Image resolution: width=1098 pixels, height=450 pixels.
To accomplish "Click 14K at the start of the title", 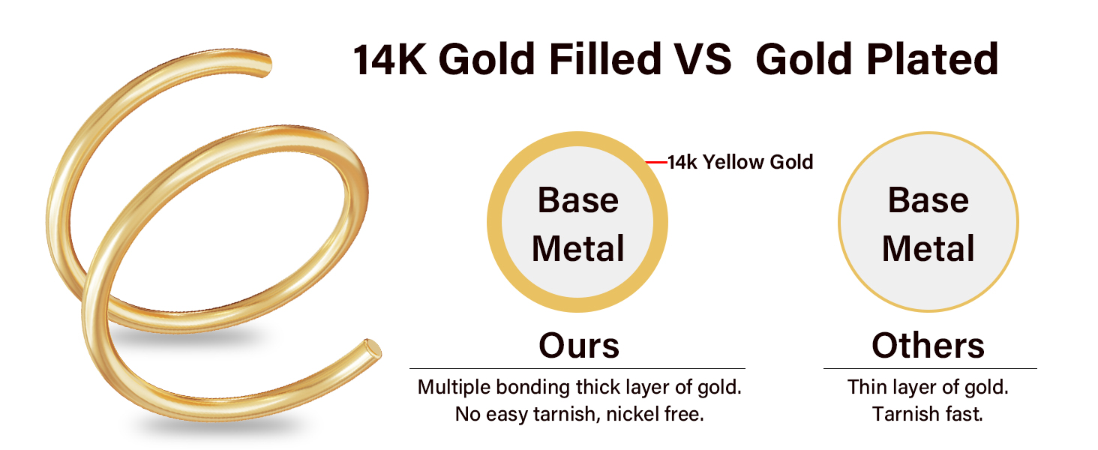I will coord(390,59).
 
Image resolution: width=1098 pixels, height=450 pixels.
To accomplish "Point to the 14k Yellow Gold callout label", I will coord(740,161).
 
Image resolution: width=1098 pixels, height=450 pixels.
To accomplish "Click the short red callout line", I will coord(656,161).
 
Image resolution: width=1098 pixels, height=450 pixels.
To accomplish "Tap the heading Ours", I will coord(579,345).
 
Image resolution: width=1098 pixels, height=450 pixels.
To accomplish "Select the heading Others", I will coord(928,345).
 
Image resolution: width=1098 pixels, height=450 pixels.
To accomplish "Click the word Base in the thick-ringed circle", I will coord(577,200).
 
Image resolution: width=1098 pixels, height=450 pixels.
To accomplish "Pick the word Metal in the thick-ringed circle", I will coord(577,249).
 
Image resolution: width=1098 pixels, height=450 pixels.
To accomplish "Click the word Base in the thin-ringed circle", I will coord(928,200).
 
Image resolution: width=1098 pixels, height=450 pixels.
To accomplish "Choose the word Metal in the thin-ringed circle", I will coord(928,249).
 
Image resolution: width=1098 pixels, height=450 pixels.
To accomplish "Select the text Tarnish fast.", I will coord(928,414).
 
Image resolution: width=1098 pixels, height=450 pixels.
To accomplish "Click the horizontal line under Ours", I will coord(577,368).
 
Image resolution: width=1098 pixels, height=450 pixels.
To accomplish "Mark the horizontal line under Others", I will coord(930,368).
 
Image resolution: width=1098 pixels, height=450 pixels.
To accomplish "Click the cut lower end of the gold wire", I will coord(373,349).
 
